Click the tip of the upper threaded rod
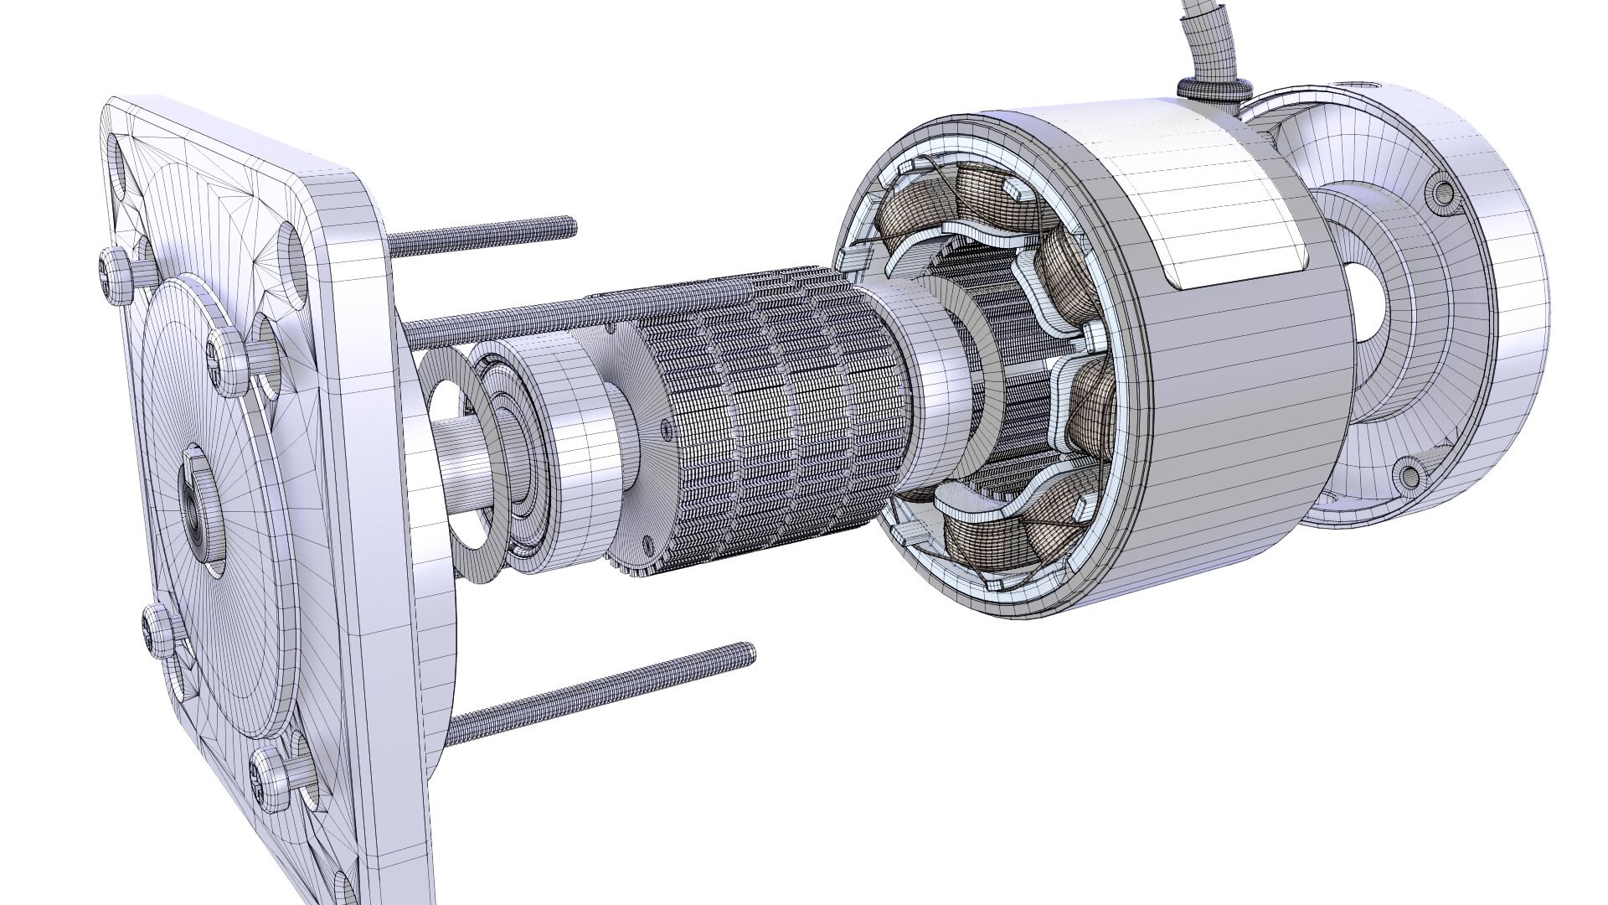(570, 222)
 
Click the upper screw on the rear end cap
(1442, 192)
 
